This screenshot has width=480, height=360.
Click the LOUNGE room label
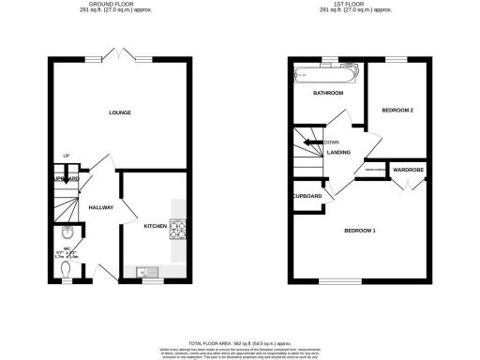[x=118, y=113]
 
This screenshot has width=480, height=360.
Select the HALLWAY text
[x=100, y=207]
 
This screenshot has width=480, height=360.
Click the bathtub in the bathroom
[x=327, y=74]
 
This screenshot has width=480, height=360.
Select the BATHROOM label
[x=327, y=94]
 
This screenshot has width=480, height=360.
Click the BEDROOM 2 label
[x=397, y=111]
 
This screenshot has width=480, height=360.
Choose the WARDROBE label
[x=408, y=170]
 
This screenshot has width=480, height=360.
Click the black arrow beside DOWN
[x=318, y=142]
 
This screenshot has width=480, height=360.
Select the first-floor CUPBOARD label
[x=307, y=196]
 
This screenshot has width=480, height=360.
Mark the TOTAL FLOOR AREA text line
[x=240, y=343]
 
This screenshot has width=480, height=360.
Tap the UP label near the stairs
[x=67, y=156]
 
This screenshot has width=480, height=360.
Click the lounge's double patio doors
[x=118, y=58]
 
